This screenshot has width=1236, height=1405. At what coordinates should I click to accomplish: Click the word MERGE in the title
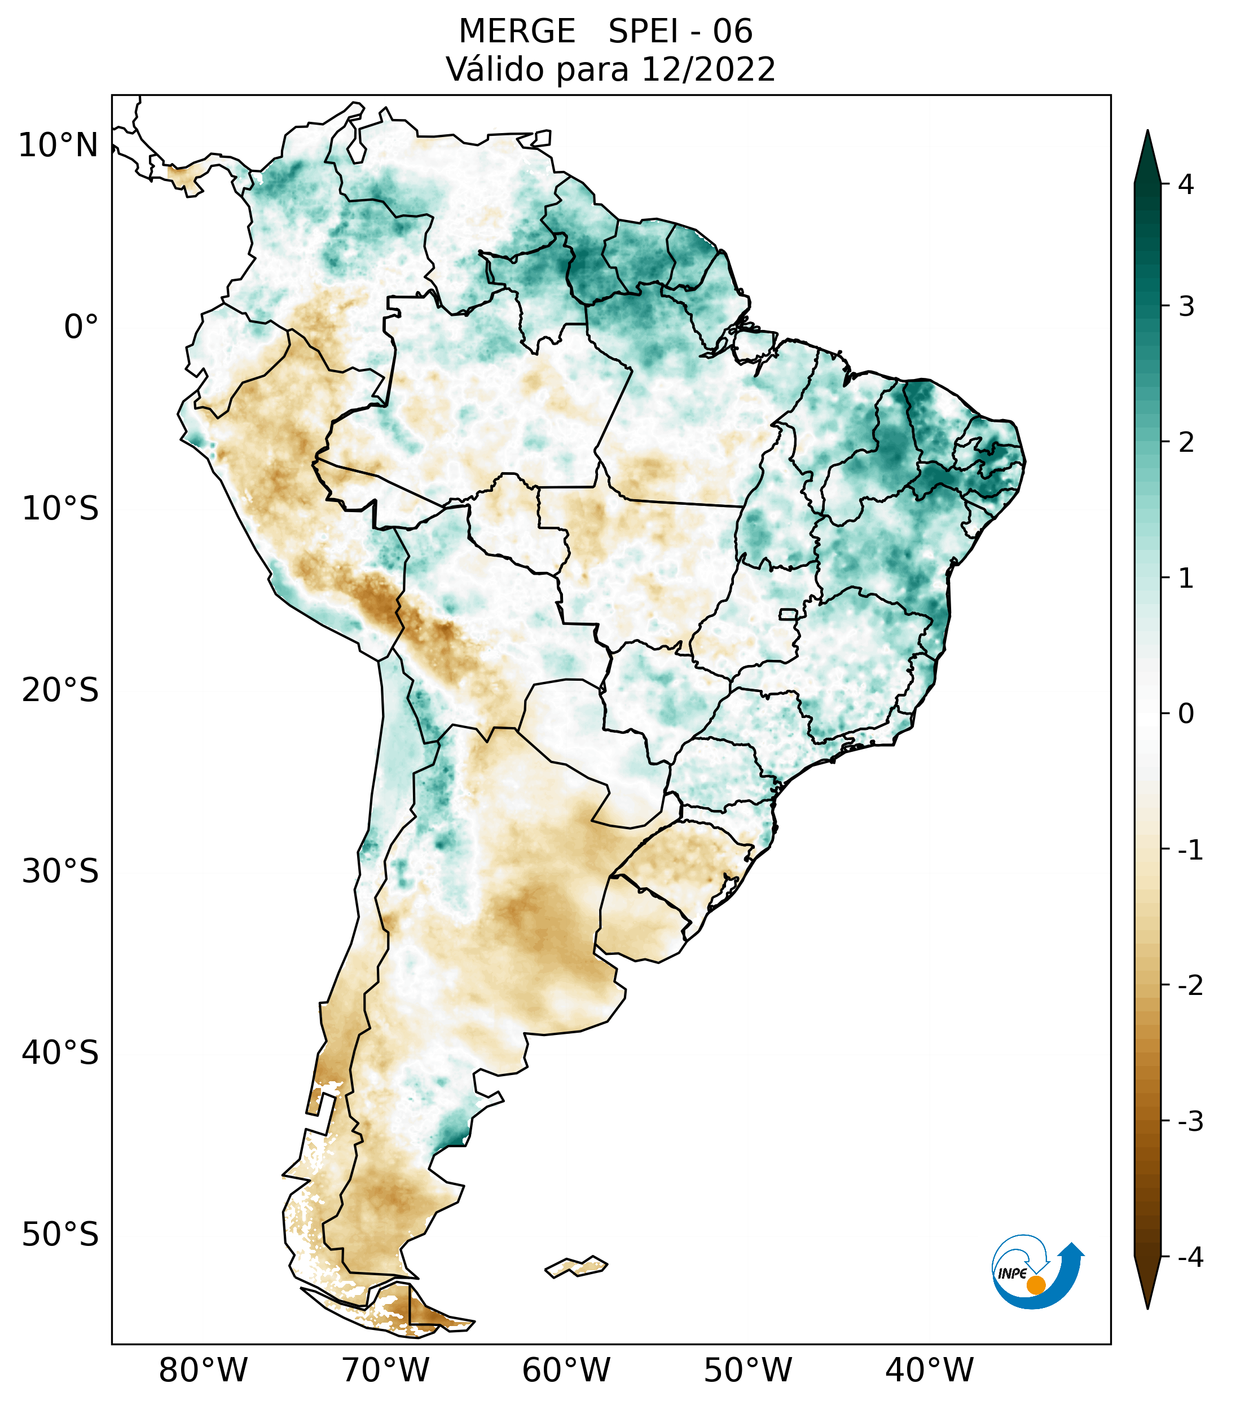click(517, 32)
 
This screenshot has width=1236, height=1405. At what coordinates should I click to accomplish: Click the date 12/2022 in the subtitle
click(708, 69)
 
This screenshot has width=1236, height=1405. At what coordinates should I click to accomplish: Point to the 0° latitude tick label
click(81, 327)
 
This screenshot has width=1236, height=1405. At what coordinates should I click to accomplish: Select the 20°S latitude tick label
click(60, 690)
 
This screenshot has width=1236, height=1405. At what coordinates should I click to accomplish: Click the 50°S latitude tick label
click(60, 1235)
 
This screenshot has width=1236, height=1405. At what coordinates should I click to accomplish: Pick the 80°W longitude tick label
click(204, 1371)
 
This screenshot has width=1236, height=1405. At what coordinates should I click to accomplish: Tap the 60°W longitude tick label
click(566, 1371)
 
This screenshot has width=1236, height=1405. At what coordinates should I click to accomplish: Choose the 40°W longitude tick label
click(930, 1371)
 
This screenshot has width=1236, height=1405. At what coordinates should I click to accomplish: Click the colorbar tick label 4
click(1186, 184)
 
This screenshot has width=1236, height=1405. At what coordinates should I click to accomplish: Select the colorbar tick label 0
click(1186, 714)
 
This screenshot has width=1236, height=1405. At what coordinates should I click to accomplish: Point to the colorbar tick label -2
click(1191, 986)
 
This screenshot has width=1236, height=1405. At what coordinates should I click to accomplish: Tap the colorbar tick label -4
click(1191, 1258)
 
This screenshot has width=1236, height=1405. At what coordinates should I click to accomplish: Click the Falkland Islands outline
click(576, 1266)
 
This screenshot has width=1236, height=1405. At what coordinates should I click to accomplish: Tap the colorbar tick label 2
click(1186, 443)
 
